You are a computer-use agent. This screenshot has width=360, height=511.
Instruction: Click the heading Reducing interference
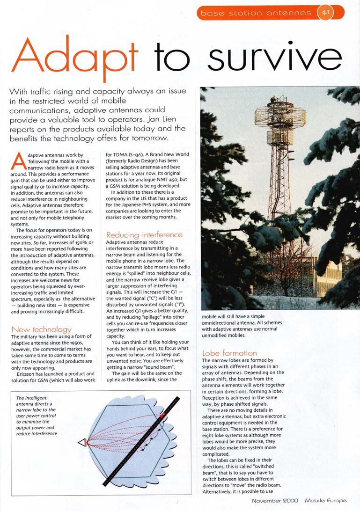point(144,234)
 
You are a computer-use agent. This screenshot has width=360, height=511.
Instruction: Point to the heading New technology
point(41,329)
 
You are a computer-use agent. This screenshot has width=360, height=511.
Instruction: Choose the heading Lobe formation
point(229,353)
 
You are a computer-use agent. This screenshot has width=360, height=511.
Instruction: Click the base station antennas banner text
point(256,13)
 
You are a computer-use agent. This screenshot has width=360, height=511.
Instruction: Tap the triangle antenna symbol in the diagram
point(82,442)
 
